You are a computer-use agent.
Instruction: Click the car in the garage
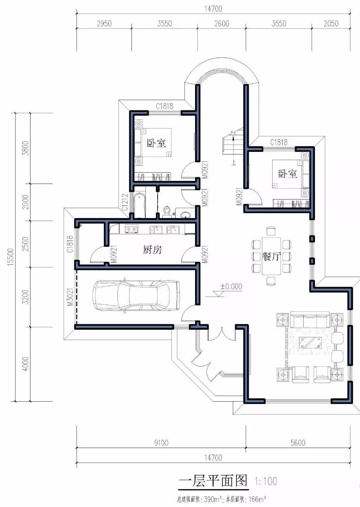coord(136,296)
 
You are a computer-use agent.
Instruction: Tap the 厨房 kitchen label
coord(152,250)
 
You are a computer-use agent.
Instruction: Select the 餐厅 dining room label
coord(272,256)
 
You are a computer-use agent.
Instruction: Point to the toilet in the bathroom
coord(167,212)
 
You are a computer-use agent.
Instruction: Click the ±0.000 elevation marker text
coord(231,286)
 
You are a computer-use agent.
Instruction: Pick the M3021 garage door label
coord(71,297)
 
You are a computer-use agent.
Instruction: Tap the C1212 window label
coord(125,202)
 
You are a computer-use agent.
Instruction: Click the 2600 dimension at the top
coord(222,24)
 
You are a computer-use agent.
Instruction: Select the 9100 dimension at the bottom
coord(161,443)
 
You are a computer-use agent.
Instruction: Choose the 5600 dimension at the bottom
coord(298,443)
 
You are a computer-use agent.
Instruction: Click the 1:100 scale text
coord(266,481)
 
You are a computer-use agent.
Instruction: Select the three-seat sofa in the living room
coord(310,320)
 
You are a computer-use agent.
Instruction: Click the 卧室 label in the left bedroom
coord(156,143)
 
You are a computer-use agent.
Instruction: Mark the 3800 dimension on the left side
coord(26,148)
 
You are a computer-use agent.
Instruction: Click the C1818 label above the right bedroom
coord(279,142)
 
